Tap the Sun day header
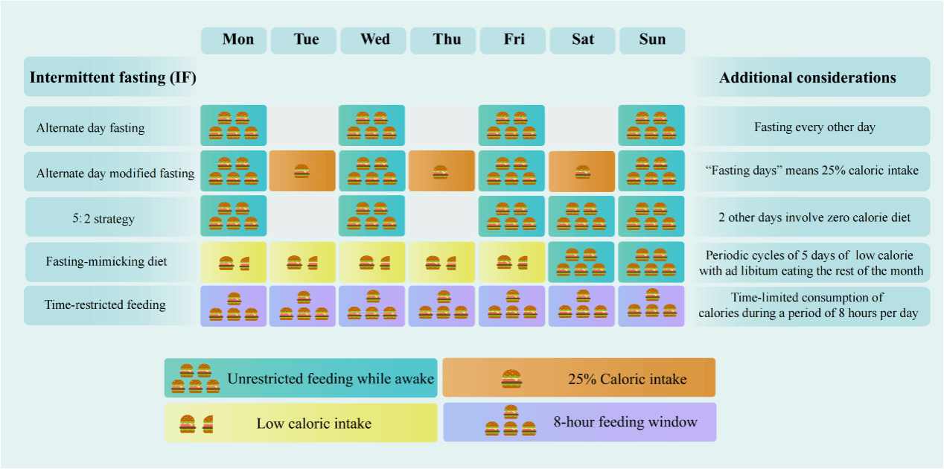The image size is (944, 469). pos(652,40)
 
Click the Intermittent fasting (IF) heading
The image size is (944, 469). pos(112,77)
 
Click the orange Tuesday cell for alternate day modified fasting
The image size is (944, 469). pos(301,171)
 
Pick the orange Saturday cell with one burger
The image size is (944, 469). pos(582,172)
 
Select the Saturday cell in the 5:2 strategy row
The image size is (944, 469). pos(582,217)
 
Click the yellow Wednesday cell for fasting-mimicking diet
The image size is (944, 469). pos(373,262)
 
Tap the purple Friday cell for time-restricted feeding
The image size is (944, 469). pos(511,306)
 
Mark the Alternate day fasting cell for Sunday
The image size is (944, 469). pos(651,126)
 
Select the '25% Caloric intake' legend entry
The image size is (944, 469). pos(578,378)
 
